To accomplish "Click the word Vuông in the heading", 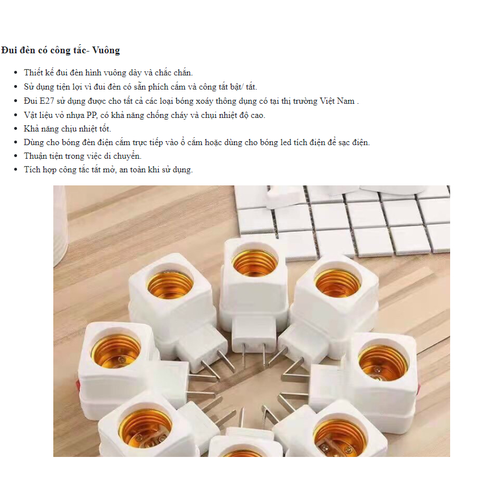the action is coord(106,50).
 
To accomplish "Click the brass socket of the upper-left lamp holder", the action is coord(170,285).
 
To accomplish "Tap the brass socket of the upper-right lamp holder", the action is coord(337,282).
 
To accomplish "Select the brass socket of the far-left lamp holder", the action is coord(116,351).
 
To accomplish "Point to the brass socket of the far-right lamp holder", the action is coord(383,363).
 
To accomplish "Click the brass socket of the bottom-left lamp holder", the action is coord(145,428).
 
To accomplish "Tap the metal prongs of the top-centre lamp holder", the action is coord(255,354).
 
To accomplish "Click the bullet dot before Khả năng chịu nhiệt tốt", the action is coord(16,129).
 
